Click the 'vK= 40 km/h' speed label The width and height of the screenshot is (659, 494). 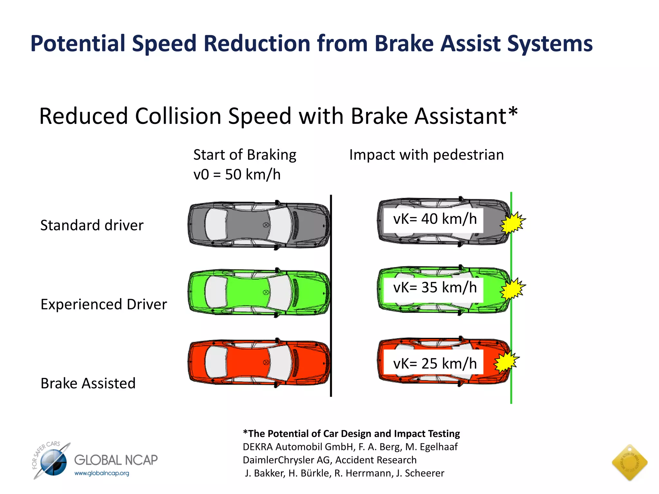434,219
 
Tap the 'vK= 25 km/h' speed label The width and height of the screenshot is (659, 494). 434,364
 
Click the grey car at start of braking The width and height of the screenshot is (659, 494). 259,225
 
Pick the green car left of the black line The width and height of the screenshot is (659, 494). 259,292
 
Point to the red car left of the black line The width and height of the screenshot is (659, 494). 259,362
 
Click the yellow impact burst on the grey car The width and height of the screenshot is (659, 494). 512,222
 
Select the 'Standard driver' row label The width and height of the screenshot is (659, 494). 92,225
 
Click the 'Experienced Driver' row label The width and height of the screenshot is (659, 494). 104,304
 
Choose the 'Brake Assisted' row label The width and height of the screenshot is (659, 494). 88,383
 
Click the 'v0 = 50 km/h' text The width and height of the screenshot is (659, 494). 237,175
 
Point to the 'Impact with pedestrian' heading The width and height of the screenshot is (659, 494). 426,155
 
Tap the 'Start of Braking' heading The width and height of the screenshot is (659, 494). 245,155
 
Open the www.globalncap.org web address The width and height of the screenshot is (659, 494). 102,473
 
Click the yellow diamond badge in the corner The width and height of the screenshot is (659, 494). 629,462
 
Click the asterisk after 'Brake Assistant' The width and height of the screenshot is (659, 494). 513,112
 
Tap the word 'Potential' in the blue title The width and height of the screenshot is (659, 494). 78,43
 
